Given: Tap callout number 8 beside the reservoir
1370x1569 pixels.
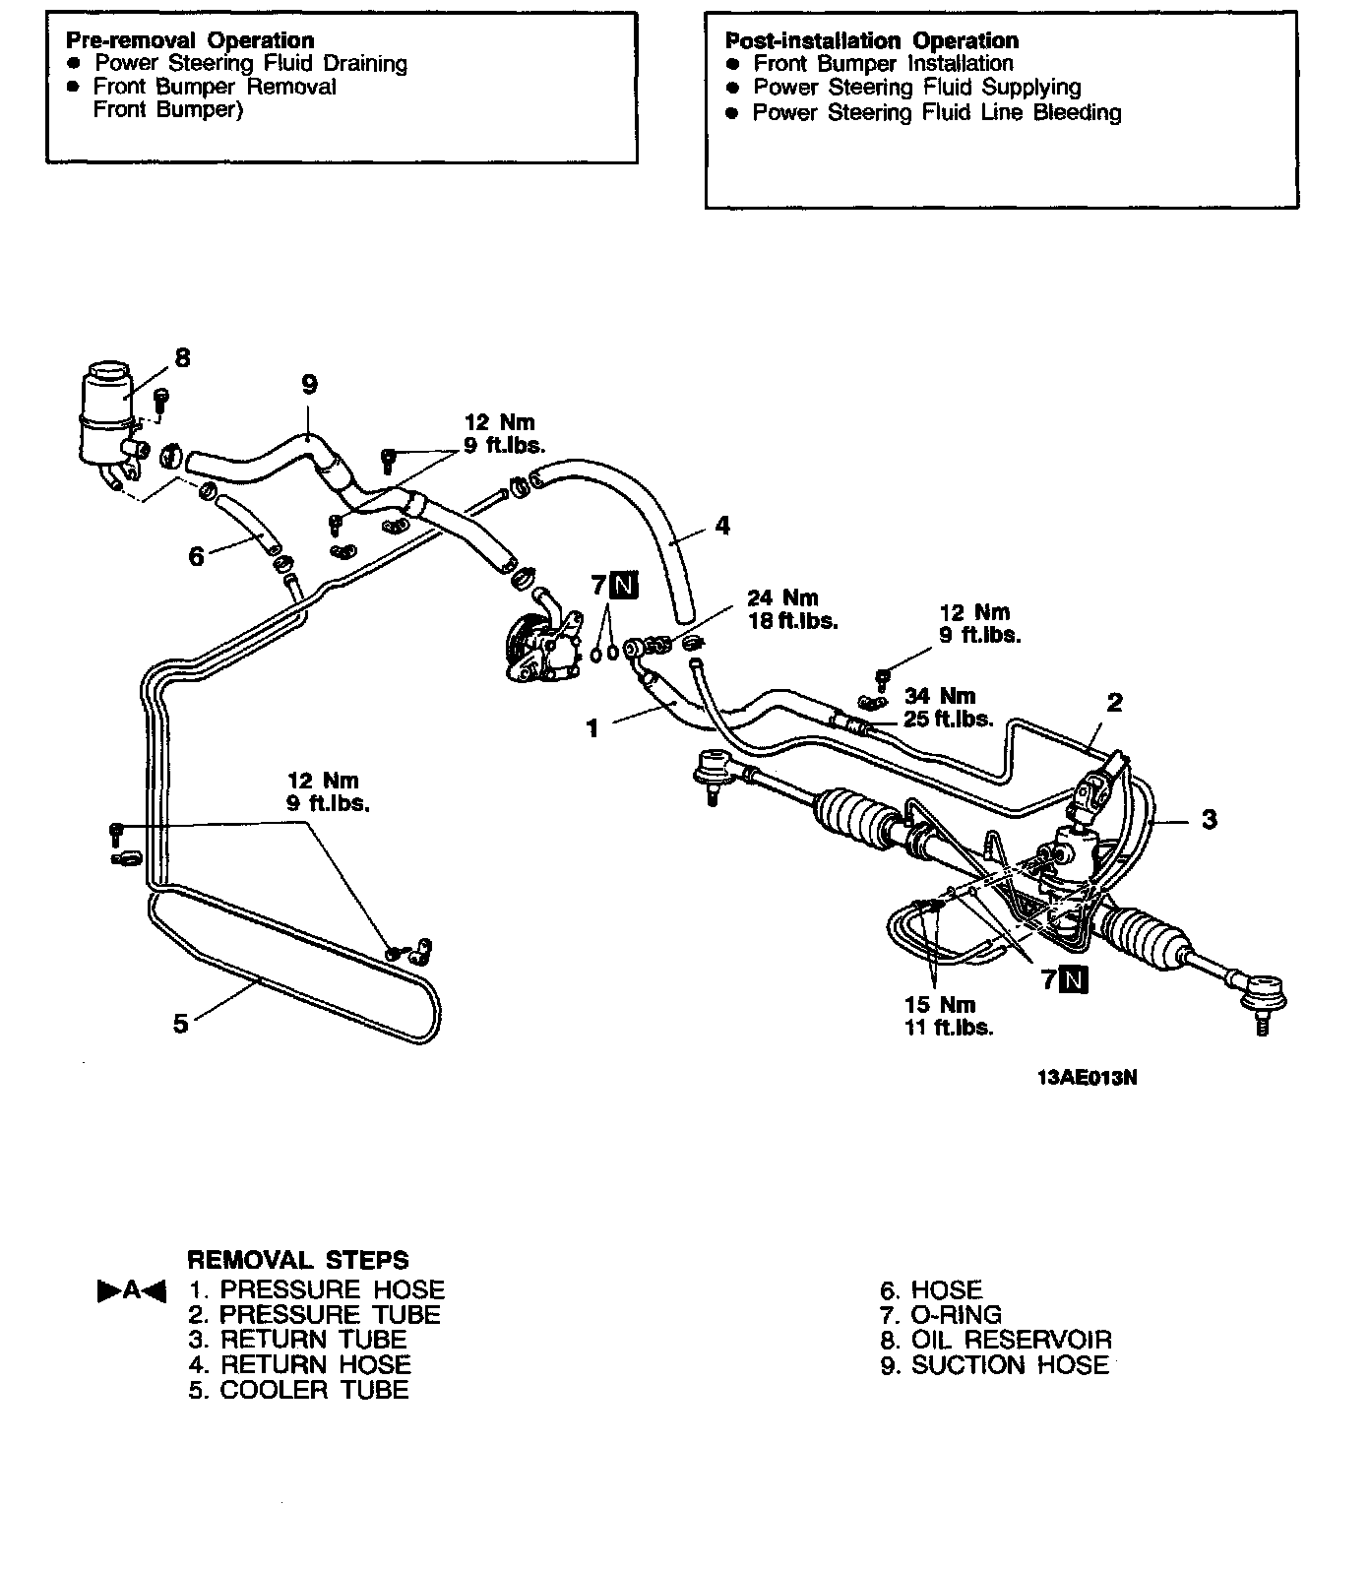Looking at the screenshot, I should tap(182, 357).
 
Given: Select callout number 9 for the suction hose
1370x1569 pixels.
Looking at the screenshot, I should tap(309, 385).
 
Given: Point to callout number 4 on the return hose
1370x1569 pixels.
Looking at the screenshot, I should tap(723, 526).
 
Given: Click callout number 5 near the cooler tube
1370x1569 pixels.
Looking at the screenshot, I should tap(180, 1024).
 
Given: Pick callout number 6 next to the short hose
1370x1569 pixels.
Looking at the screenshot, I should tap(196, 557).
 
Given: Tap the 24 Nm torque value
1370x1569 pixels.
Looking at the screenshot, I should tap(782, 598).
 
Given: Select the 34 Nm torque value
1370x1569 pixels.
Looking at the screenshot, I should tap(940, 697).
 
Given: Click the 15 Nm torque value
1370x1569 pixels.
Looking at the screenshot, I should tap(940, 1005).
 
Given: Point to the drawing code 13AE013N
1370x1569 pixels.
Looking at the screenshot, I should tap(1087, 1077).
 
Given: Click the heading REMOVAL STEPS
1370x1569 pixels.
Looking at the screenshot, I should tap(297, 1260).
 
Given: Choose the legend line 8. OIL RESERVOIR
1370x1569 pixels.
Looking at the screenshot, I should tap(996, 1340).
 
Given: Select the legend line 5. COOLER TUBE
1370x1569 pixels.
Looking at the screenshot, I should tap(298, 1390).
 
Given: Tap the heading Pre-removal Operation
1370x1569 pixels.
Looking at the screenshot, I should tap(189, 40).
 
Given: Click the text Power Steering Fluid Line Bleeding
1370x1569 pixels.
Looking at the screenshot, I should tap(936, 113).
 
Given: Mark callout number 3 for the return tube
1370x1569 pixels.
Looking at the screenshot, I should tap(1210, 819).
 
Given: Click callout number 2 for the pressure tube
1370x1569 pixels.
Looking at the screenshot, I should tap(1114, 703).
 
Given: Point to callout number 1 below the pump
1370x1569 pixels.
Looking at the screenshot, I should tap(592, 729).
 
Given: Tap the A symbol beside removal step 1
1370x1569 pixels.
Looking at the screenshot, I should tap(131, 1290).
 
